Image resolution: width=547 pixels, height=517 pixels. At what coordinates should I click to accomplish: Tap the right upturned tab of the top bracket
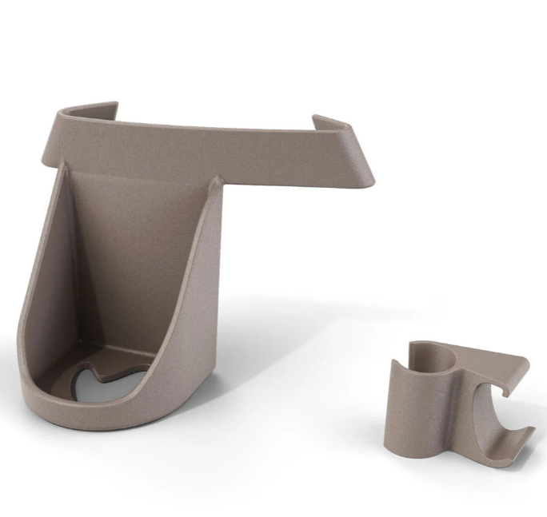click(x=329, y=124)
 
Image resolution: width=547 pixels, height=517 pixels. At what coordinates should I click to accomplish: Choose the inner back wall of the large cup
click(x=136, y=256)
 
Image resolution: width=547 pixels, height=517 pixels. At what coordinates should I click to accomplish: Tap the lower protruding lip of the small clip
click(x=520, y=438)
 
